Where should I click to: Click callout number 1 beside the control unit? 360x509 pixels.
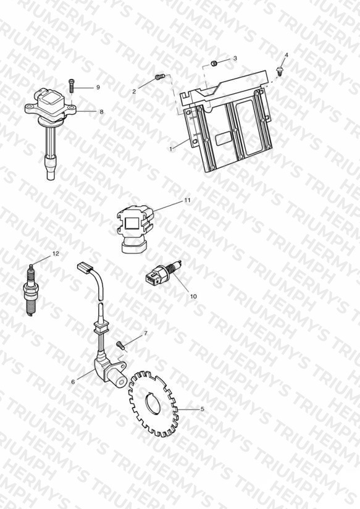coord(171,149)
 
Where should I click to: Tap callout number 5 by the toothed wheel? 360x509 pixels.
coord(203,409)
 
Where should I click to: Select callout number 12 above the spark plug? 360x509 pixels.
coord(56,253)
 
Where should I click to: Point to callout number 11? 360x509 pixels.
coord(187,200)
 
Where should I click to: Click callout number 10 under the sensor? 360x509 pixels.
coord(193,297)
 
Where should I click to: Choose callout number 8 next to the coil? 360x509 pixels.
coord(102,112)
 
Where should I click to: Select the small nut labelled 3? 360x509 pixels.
coord(214,63)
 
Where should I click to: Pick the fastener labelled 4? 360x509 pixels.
coord(279,71)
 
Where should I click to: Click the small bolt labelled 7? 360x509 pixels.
coord(120,345)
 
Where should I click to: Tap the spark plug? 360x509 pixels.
coord(31,290)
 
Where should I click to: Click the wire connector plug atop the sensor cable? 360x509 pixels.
coord(85,268)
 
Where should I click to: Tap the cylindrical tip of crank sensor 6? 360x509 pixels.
coord(121,380)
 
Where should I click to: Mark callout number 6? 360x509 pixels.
coord(73,382)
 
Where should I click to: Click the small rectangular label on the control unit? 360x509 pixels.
coord(224,138)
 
